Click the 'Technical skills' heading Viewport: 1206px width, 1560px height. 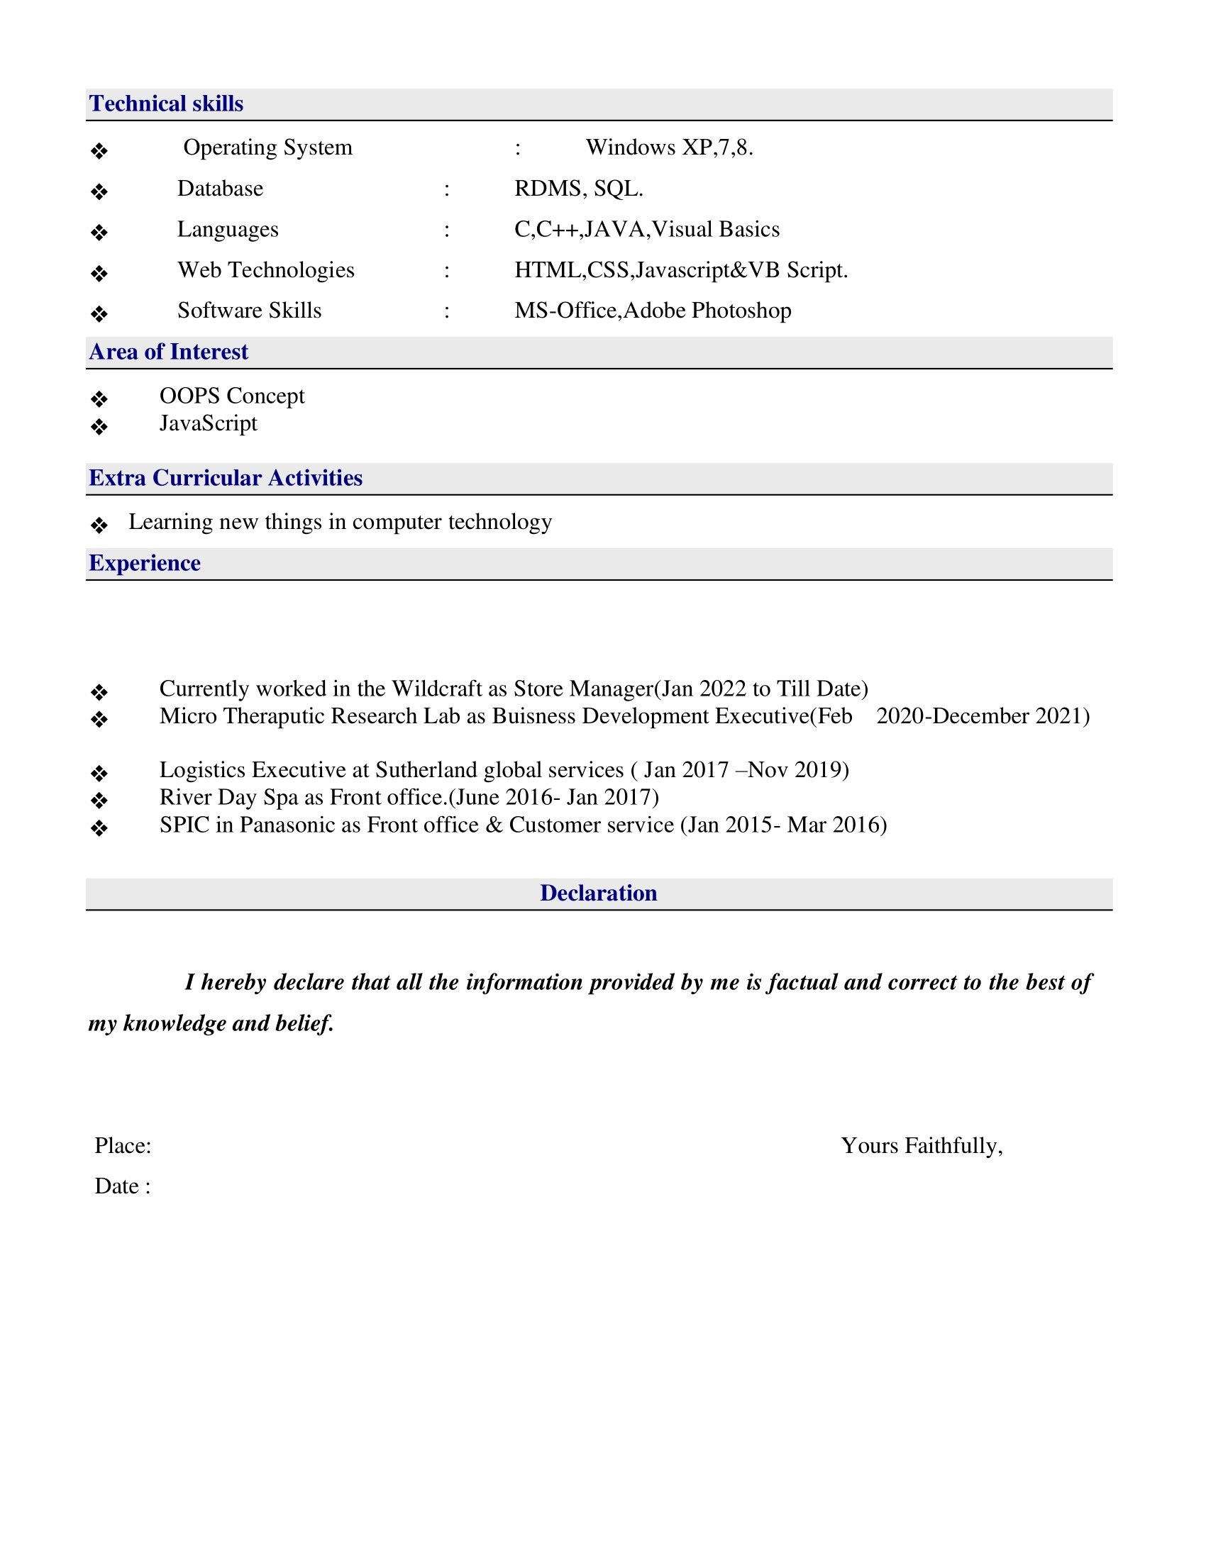166,104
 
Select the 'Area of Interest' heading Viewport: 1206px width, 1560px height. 169,352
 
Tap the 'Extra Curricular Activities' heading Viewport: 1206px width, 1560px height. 225,479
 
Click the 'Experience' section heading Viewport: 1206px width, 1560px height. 144,564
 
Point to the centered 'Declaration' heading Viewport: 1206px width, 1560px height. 598,893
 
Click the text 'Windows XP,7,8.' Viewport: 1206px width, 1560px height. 670,148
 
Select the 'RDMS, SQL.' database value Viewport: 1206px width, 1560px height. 579,189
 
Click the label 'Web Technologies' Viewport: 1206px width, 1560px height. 266,271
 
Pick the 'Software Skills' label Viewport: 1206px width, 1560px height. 249,311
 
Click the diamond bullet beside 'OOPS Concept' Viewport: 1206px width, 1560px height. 99,399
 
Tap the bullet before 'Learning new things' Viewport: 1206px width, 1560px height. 99,525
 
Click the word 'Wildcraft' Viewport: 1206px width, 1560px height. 436,689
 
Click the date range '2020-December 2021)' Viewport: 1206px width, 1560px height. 983,716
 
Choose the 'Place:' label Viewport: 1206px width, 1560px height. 123,1146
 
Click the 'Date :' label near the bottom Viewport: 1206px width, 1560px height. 123,1186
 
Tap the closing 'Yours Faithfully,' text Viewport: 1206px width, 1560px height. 922,1146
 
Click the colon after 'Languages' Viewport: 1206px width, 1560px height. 446,230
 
